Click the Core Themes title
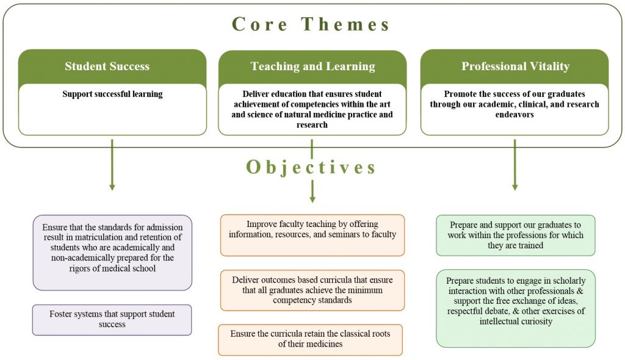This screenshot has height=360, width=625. tap(311, 24)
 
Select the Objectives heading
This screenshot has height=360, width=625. tap(311, 167)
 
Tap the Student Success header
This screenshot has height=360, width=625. tap(107, 66)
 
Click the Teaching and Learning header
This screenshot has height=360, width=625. tap(312, 66)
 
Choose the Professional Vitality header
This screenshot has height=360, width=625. tap(515, 66)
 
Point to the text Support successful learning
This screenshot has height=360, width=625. tap(112, 94)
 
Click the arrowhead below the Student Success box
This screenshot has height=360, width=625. tap(112, 187)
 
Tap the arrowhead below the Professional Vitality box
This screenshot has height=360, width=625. tap(515, 187)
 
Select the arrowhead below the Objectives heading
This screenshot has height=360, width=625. tap(312, 198)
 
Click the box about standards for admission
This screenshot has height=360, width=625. tap(112, 253)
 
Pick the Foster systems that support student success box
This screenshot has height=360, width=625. tap(112, 320)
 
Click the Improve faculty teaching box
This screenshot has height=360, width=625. tap(312, 235)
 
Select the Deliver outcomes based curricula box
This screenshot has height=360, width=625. tap(312, 290)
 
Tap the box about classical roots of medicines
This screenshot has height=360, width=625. tap(311, 340)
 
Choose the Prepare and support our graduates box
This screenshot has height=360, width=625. tap(515, 235)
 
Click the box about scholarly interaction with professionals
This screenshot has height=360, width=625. tap(516, 309)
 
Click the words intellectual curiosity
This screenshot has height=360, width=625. tap(516, 322)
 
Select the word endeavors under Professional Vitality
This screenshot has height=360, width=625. tap(515, 115)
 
